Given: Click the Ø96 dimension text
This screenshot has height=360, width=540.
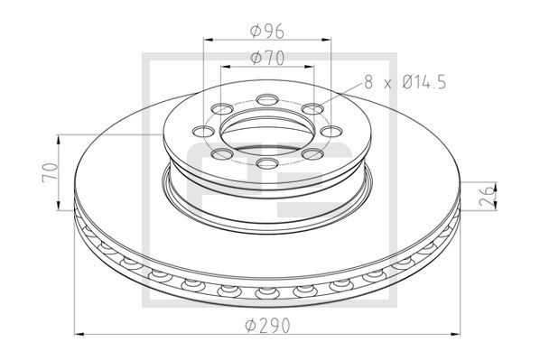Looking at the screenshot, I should point(266,32).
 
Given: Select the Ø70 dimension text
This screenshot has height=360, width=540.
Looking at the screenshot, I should point(266,60).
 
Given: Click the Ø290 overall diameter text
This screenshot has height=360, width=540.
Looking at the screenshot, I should point(270,326).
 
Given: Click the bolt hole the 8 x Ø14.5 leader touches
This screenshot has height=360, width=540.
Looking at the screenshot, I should point(312,110).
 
